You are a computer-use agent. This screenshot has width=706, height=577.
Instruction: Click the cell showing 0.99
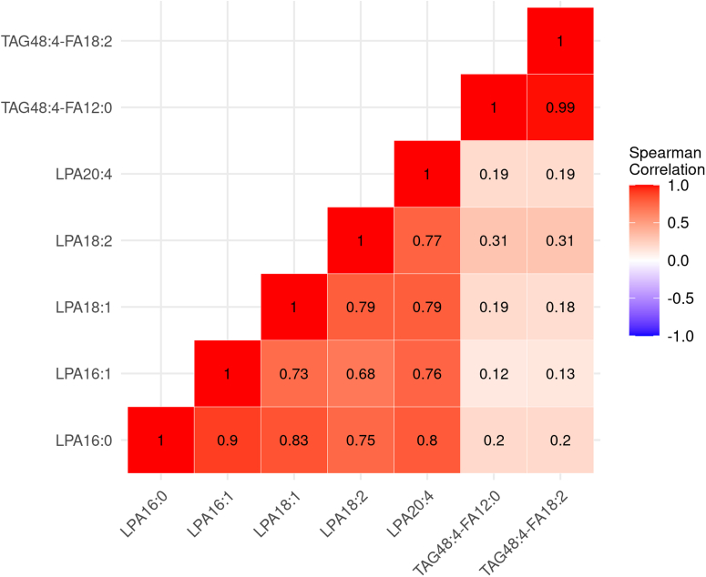tap(560, 107)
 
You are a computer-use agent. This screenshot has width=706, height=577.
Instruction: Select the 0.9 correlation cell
tap(227, 440)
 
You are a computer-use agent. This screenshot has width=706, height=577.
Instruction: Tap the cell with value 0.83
tap(293, 440)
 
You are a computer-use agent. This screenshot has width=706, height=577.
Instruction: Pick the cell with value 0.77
tap(426, 240)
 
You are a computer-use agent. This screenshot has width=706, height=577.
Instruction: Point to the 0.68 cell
tap(360, 373)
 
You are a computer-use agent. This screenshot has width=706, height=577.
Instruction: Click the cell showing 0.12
tap(493, 373)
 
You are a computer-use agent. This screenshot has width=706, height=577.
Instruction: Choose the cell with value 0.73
tap(293, 373)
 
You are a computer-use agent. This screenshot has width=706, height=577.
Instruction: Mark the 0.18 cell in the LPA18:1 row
tap(560, 307)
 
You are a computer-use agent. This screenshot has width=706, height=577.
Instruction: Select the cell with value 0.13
tap(560, 373)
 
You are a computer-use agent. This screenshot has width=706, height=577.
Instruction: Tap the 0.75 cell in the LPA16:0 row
tap(360, 440)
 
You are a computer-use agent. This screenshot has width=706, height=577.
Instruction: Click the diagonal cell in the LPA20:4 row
tap(426, 174)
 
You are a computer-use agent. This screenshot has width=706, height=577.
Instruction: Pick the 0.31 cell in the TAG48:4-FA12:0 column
tap(493, 240)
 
